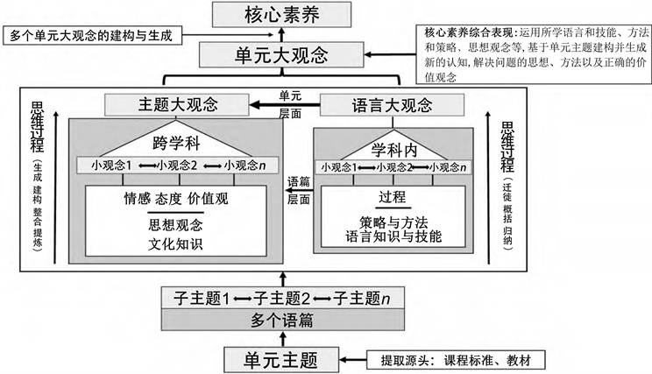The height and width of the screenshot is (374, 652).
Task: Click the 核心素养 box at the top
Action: coord(280,14)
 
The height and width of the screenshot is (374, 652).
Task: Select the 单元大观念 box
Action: coord(280,55)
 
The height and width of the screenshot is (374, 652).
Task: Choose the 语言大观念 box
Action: coord(391,105)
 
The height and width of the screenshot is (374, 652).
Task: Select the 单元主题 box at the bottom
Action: coord(280,358)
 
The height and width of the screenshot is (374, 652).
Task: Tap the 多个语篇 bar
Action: coord(280,320)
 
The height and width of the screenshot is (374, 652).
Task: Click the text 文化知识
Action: coord(176,242)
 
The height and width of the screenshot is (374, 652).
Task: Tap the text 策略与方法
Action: coord(393,222)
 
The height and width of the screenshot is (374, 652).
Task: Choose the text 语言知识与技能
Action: coord(393,236)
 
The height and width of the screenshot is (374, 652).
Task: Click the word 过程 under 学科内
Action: coord(393,195)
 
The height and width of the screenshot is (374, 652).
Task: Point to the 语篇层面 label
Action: coord(299,191)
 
